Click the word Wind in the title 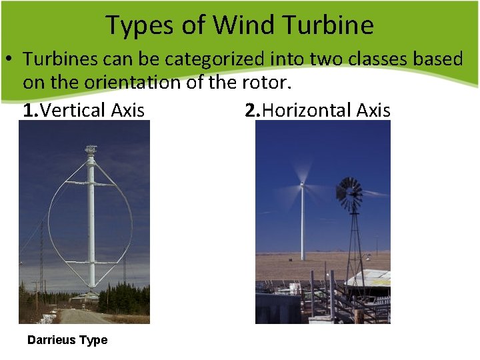tap(240, 25)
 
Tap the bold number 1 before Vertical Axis tap(27, 111)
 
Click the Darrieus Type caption tap(67, 340)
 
